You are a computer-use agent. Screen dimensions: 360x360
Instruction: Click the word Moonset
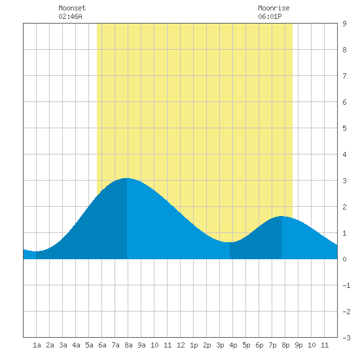72,8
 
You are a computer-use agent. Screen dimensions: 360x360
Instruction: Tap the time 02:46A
70,16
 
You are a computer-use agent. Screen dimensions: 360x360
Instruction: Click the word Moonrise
274,8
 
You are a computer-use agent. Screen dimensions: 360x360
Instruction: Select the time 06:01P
270,16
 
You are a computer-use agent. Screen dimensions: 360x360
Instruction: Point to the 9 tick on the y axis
344,24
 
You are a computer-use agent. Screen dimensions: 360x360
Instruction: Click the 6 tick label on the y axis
344,102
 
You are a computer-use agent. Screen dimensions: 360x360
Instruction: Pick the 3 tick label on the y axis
344,181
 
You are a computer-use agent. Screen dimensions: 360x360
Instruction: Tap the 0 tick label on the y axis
344,259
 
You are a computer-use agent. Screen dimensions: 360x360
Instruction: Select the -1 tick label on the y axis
346,285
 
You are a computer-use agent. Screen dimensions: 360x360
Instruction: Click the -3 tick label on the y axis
346,338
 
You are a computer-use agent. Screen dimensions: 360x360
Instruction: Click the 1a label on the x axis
37,345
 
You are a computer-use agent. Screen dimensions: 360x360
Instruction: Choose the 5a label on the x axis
89,345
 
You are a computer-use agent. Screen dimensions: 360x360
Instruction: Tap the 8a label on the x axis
128,345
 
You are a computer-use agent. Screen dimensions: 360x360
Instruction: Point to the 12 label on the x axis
181,345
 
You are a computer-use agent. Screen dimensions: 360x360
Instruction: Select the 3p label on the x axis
220,345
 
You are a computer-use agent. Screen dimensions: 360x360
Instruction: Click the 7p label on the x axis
272,345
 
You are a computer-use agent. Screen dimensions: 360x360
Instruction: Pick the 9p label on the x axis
298,345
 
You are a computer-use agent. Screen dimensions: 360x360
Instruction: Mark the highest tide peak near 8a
127,178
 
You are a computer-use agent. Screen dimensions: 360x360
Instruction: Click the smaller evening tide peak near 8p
281,216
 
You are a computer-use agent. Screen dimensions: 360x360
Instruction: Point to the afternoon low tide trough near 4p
230,242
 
